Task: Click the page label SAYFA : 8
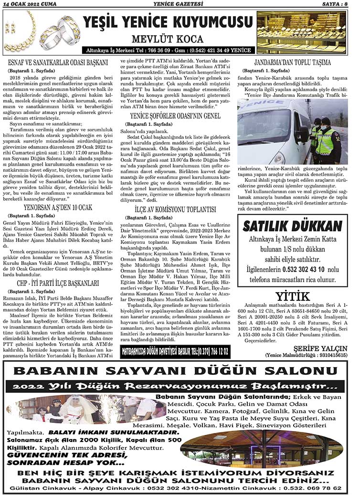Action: pyautogui.click(x=340, y=4)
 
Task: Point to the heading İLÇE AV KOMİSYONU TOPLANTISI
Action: pyautogui.click(x=175, y=210)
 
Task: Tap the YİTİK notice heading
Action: pyautogui.click(x=292, y=296)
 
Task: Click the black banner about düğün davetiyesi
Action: pyautogui.click(x=175, y=352)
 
